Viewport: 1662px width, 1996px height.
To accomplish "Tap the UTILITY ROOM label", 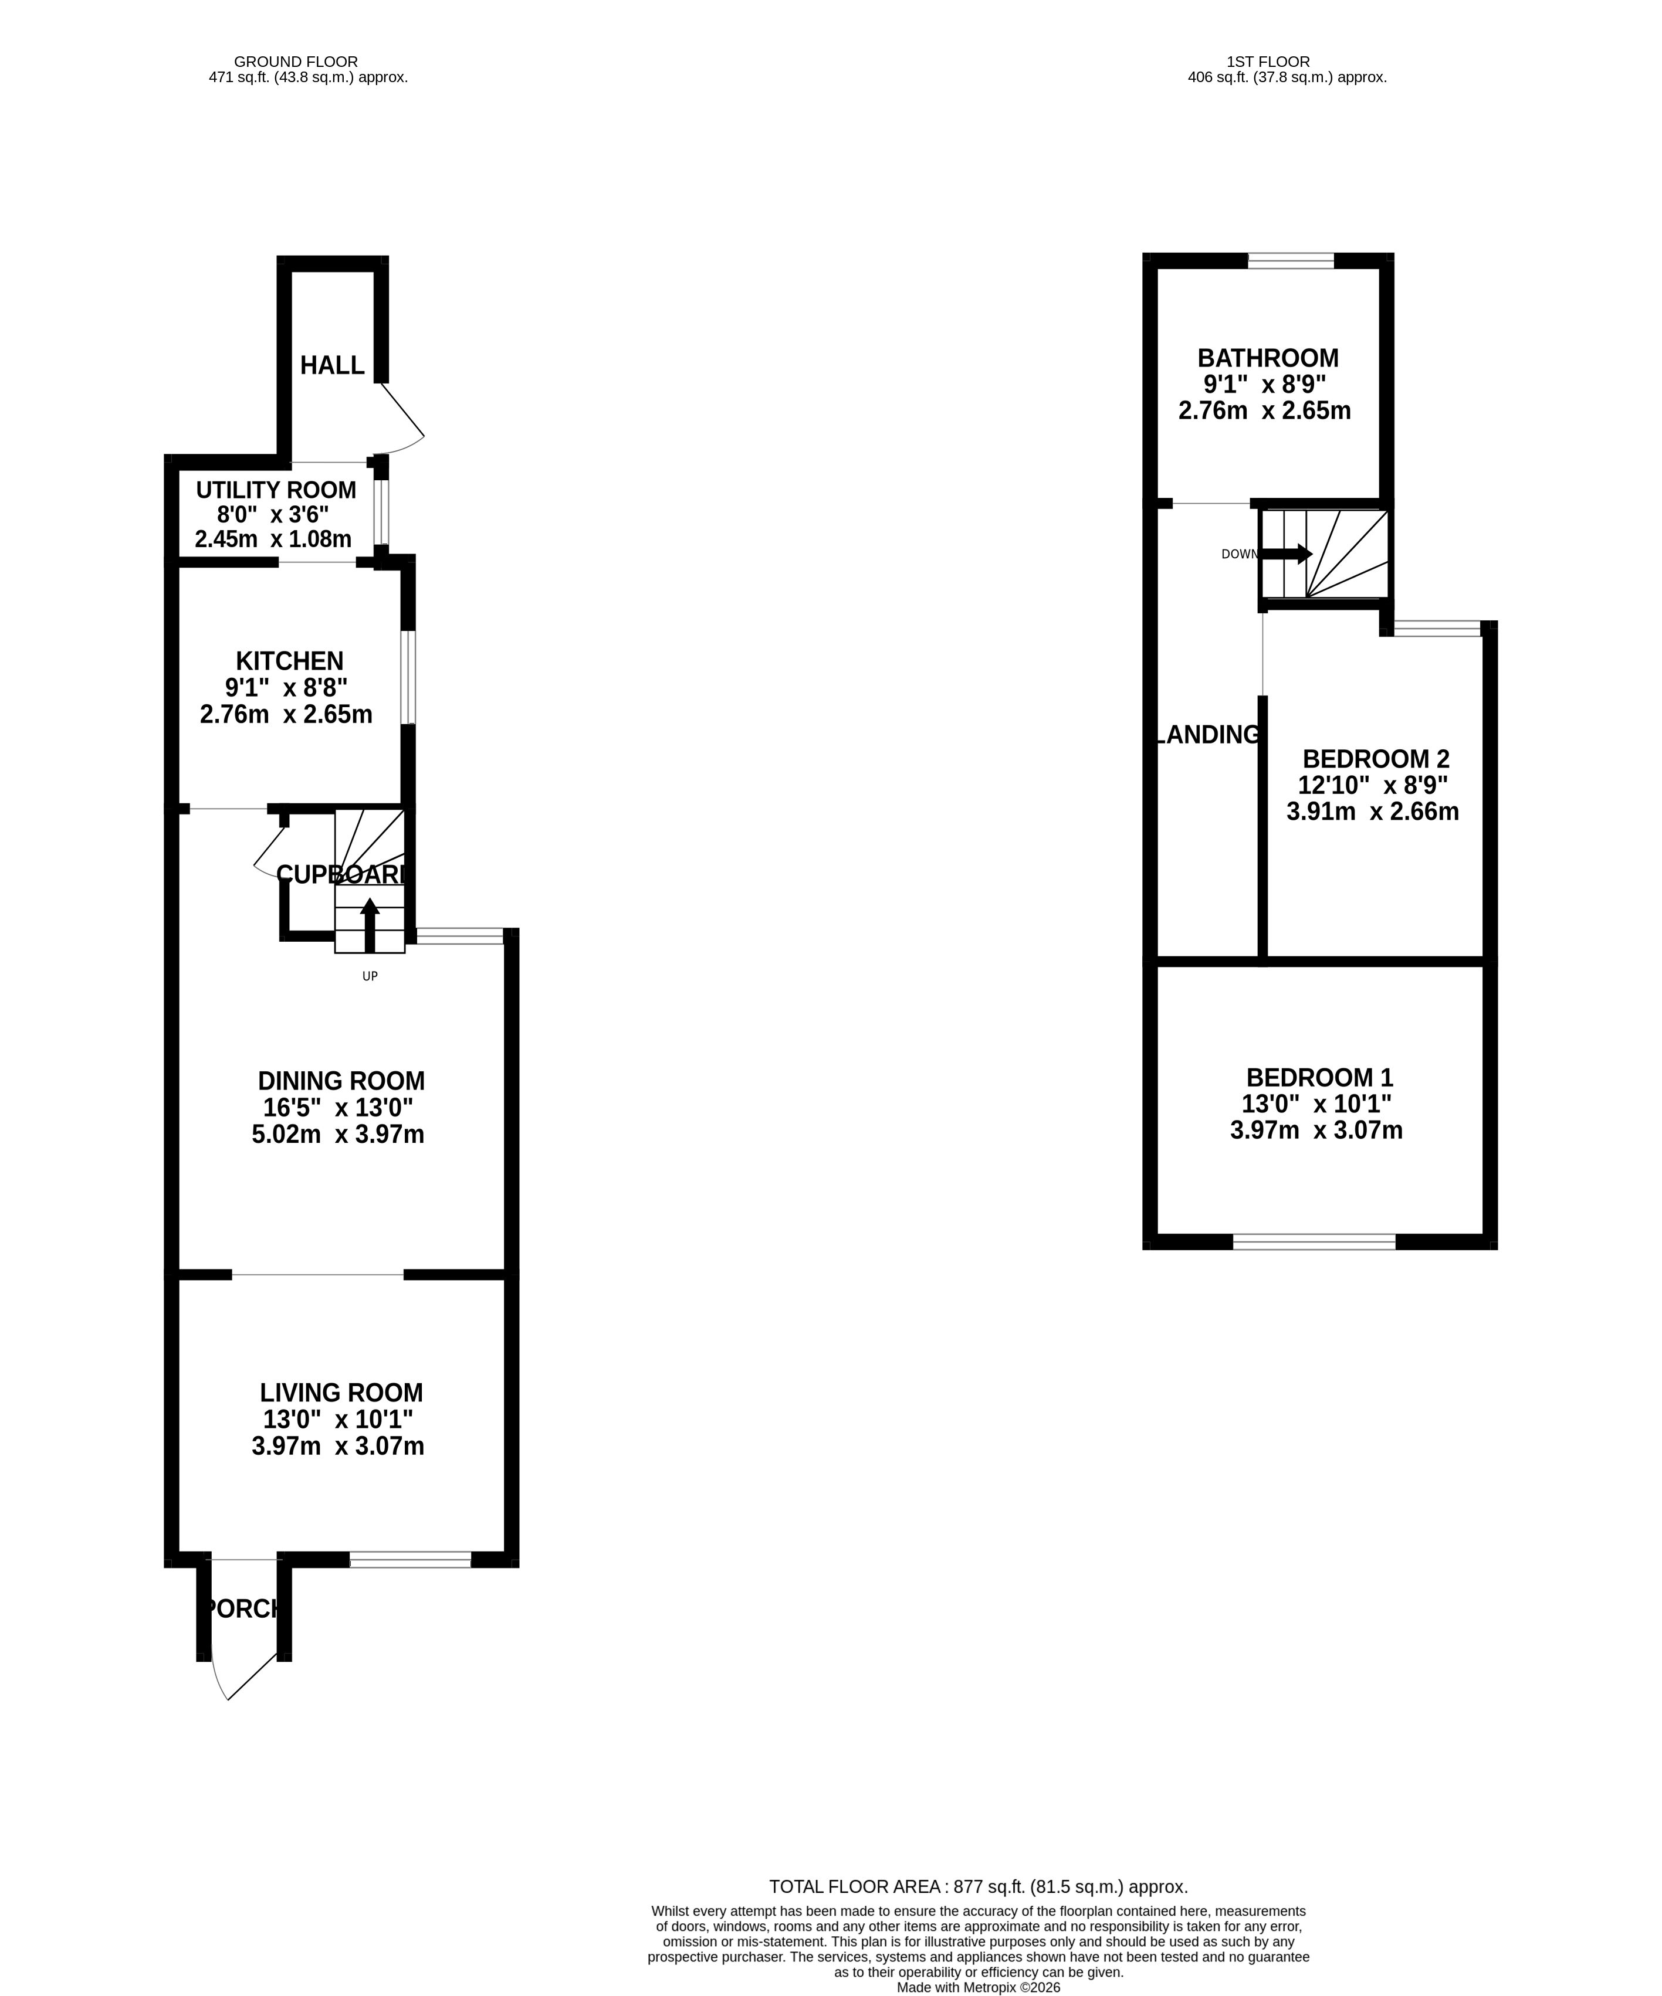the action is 276,490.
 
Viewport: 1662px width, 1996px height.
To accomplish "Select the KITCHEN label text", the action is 289,661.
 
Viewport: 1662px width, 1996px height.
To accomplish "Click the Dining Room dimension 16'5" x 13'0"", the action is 337,1107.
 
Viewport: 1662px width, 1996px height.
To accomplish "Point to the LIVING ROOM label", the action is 341,1393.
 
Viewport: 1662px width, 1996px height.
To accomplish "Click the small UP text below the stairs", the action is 370,976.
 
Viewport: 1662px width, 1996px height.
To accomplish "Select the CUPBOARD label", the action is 342,874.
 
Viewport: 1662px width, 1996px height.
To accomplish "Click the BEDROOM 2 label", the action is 1376,759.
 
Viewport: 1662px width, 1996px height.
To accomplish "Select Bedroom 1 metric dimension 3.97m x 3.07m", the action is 1316,1130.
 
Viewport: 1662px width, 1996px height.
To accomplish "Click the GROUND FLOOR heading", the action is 296,62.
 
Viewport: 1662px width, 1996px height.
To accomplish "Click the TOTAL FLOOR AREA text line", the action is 979,1887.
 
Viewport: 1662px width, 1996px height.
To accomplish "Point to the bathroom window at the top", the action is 1291,260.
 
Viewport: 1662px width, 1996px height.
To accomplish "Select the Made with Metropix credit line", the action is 979,1987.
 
